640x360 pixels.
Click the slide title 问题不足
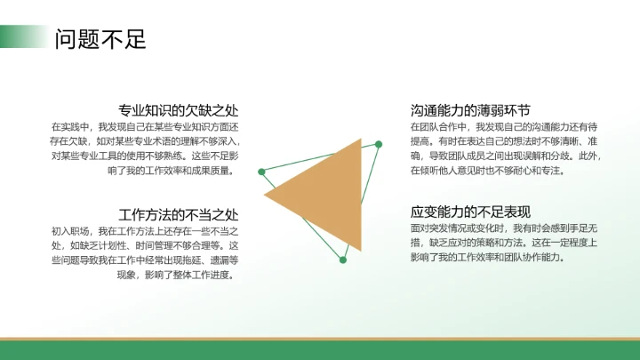tap(100, 39)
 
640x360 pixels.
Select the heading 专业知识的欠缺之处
tap(179, 110)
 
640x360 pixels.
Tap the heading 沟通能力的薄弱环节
tap(470, 110)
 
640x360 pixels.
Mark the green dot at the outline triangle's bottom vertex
tap(342, 260)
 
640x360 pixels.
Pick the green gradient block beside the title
tap(21, 36)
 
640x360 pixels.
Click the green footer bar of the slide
tap(320, 349)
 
